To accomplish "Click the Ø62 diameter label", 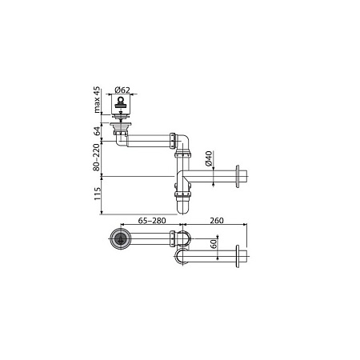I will point(123,89).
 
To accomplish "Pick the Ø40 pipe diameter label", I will point(208,158).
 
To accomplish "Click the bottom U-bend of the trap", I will point(184,207).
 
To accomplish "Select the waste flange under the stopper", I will point(122,125).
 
